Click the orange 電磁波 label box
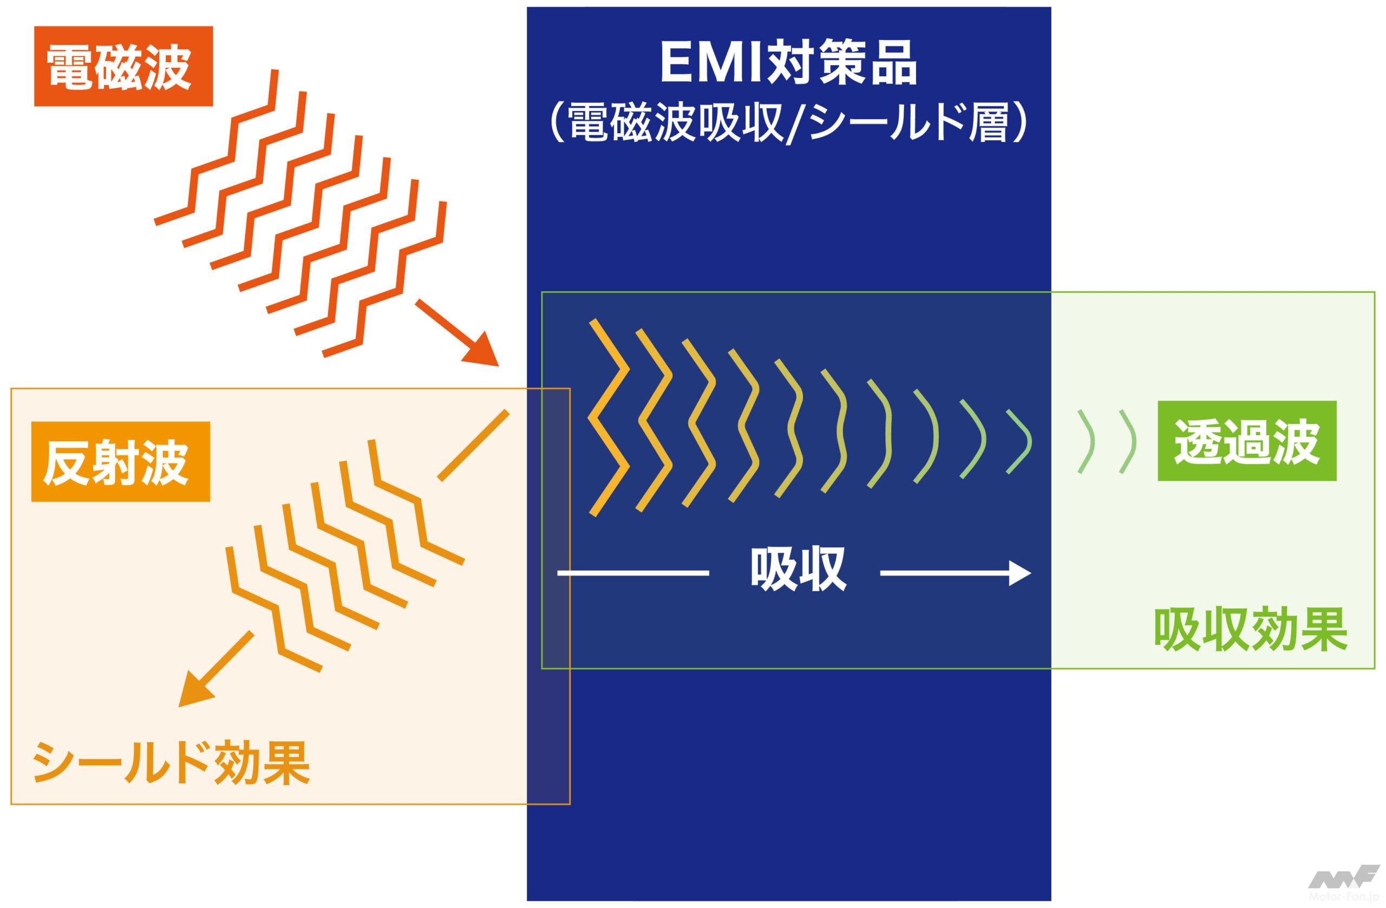point(123,67)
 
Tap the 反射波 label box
point(121,461)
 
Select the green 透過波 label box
point(1247,441)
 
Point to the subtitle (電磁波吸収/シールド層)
point(788,123)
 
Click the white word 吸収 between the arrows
point(797,571)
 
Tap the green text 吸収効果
point(1250,630)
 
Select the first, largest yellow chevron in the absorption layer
point(609,417)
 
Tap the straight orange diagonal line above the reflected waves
point(473,446)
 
